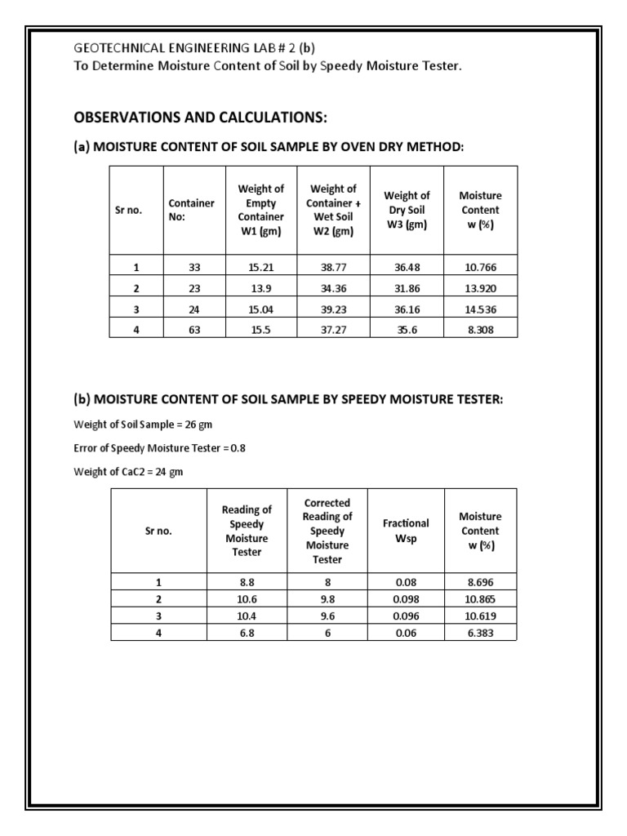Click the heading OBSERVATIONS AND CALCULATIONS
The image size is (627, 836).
pyautogui.click(x=200, y=118)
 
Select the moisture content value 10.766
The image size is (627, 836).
pyautogui.click(x=480, y=267)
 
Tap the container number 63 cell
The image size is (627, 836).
pyautogui.click(x=188, y=329)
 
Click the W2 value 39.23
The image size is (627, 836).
pyautogui.click(x=333, y=309)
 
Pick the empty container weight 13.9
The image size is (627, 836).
pyautogui.click(x=260, y=288)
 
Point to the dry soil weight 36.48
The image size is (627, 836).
pyautogui.click(x=406, y=267)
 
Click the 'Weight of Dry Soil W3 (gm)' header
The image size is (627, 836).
pyautogui.click(x=407, y=210)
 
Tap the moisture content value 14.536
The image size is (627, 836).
pyautogui.click(x=480, y=309)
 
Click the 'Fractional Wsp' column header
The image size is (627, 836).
pyautogui.click(x=406, y=531)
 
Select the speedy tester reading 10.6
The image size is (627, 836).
pyautogui.click(x=247, y=598)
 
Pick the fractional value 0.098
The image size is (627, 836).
pyautogui.click(x=406, y=598)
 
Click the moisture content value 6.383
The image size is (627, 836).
pyautogui.click(x=480, y=632)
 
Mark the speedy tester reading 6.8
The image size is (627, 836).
pyautogui.click(x=247, y=632)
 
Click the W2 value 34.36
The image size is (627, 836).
pyautogui.click(x=333, y=288)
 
